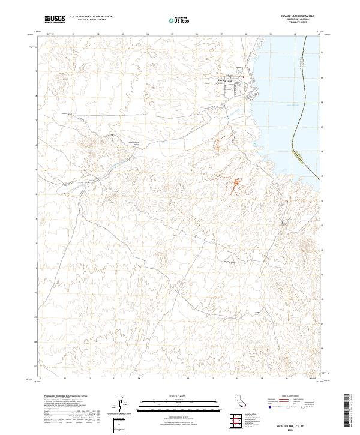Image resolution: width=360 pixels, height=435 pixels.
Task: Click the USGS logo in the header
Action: point(55,19)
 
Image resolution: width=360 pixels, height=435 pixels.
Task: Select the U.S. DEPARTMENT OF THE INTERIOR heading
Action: point(91,17)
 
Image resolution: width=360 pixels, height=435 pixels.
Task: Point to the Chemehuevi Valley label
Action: point(132,143)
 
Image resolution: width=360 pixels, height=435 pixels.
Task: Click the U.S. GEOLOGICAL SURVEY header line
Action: point(91,20)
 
